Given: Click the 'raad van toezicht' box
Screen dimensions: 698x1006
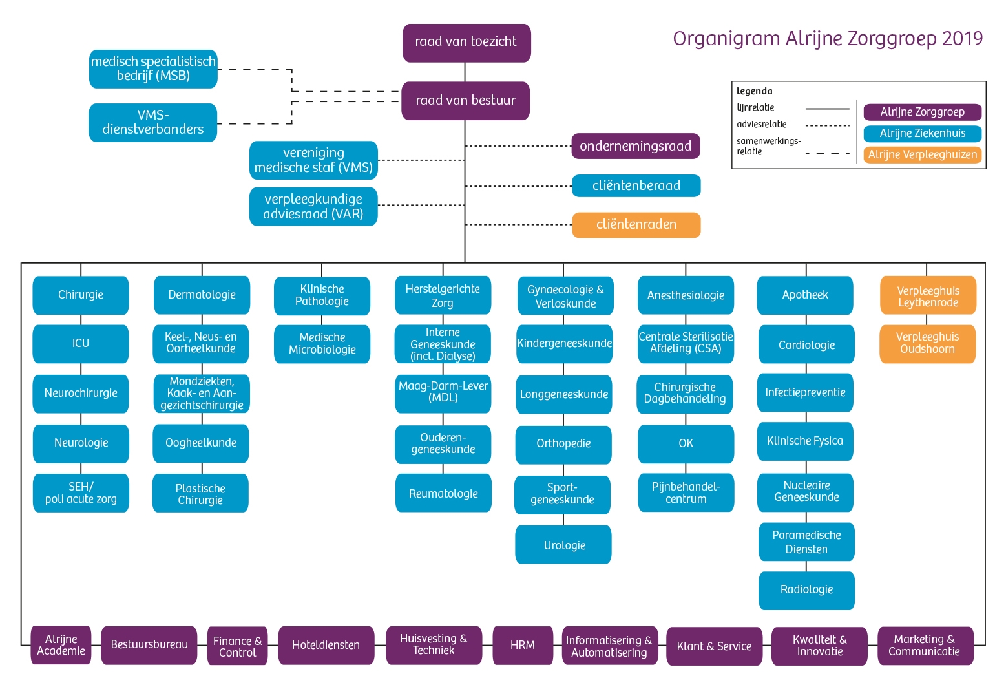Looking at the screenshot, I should [x=466, y=43].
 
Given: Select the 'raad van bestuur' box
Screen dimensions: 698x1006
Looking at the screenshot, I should [x=465, y=101].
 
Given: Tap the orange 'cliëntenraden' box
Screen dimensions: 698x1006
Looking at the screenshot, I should [x=636, y=225].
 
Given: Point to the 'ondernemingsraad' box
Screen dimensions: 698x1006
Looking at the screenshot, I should [x=635, y=146].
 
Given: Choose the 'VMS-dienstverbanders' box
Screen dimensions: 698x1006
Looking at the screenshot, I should [x=153, y=122].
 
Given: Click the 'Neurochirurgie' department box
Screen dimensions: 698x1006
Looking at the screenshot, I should [x=81, y=394].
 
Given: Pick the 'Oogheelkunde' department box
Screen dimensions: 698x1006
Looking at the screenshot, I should [x=201, y=443].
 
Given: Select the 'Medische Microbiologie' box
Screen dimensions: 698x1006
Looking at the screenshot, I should [x=322, y=344].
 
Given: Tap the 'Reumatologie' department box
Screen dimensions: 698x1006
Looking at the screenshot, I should [x=443, y=494].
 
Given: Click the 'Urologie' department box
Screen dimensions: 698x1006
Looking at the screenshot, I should [x=564, y=545].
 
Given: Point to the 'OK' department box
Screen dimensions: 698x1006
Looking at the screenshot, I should [x=686, y=444].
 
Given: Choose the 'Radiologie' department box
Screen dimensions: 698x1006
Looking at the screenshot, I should [x=806, y=590].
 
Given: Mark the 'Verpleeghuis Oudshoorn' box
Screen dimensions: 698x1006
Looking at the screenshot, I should [x=927, y=343].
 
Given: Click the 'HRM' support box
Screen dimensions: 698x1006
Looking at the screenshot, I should [x=522, y=645].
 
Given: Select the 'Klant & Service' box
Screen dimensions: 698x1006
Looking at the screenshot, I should [x=714, y=646].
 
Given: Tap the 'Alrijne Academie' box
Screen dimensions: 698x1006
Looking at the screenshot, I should [x=61, y=645].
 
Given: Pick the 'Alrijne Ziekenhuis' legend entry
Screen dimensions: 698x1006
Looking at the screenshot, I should [x=922, y=134].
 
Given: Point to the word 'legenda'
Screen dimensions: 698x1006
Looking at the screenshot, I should [x=754, y=91].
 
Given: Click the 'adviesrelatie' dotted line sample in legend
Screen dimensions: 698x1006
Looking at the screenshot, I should [x=828, y=125].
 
